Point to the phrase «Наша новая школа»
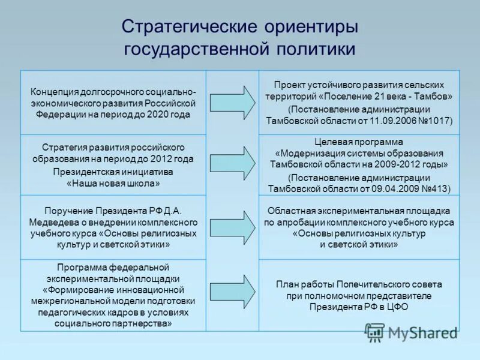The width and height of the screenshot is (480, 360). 113,184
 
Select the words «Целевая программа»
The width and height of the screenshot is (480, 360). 359,142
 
